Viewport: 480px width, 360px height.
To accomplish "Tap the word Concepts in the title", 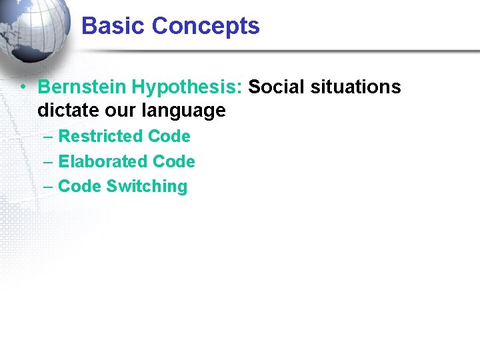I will coord(205,27).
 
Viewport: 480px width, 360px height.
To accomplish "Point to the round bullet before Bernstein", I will coord(23,87).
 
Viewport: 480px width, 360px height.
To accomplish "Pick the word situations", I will coord(358,87).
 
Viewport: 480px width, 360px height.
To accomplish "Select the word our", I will coord(121,110).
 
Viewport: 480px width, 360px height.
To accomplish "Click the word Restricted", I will coord(101,137).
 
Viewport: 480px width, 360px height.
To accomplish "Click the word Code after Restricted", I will coord(169,137).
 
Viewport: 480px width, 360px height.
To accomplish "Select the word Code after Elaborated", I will coord(174,162).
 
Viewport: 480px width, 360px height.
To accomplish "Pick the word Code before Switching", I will coord(79,187).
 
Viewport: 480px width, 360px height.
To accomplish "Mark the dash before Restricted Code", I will coord(47,137).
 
